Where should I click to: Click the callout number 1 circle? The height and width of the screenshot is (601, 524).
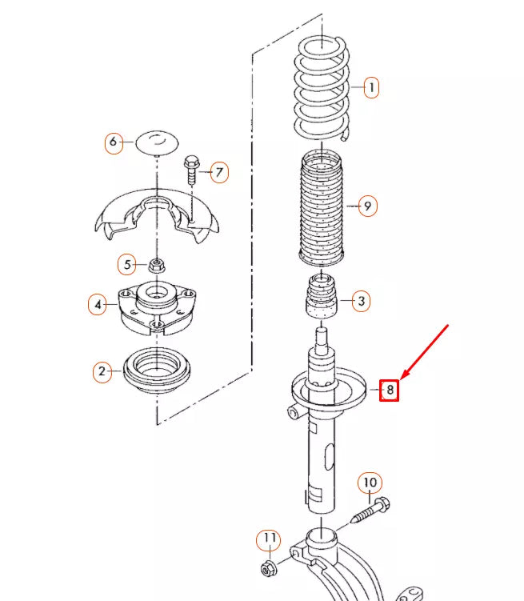(371, 87)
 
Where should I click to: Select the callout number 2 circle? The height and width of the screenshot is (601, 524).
(102, 371)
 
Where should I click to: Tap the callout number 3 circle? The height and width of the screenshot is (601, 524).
(361, 301)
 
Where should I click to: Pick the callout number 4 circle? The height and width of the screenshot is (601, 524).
(98, 304)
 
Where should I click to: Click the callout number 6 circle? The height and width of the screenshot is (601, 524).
(113, 143)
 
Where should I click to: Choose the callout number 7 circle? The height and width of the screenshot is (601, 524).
(219, 171)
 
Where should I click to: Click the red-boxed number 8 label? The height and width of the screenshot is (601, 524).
(389, 390)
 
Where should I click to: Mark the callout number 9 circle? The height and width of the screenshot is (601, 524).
(367, 206)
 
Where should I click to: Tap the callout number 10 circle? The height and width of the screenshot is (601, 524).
(370, 483)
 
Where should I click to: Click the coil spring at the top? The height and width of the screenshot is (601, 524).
(321, 88)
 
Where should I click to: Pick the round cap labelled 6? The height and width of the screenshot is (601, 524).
(157, 144)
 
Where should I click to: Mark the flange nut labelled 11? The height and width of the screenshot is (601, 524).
(269, 568)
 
